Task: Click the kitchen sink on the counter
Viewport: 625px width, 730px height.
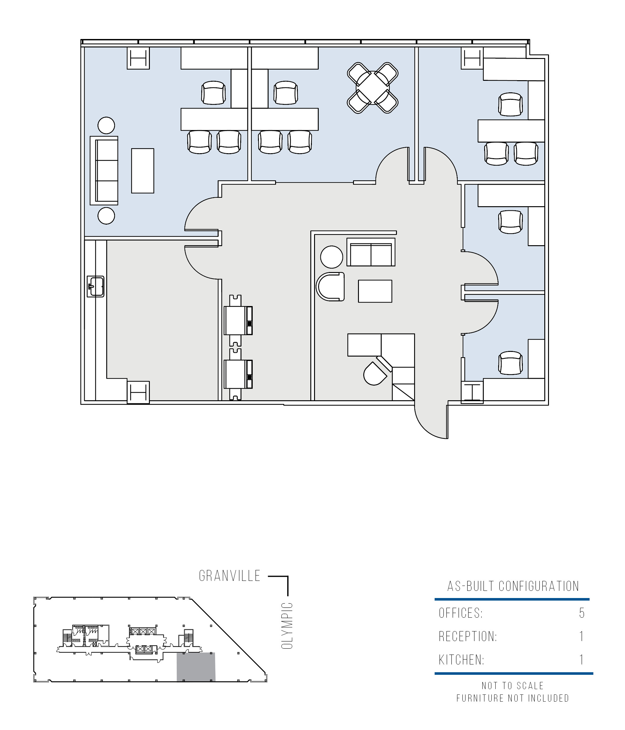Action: (x=95, y=286)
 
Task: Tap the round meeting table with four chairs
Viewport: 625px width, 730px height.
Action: (x=373, y=88)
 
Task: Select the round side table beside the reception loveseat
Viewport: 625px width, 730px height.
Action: (x=332, y=257)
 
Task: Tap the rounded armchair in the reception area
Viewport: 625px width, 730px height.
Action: (x=330, y=286)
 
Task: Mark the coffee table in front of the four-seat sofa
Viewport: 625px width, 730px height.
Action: (x=142, y=171)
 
